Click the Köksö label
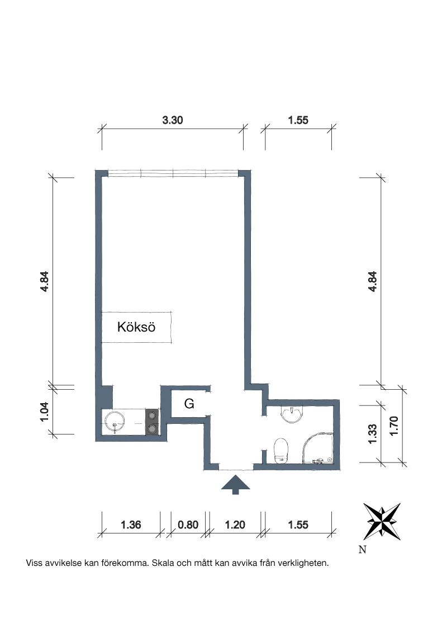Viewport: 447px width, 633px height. point(136,327)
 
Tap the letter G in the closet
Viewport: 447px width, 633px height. point(189,403)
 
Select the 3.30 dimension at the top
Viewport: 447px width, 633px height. point(173,120)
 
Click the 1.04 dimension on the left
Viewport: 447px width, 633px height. point(44,412)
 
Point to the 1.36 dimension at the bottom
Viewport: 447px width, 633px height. point(131,525)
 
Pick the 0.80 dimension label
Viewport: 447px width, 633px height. point(188,525)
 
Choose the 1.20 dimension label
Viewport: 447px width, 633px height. point(235,525)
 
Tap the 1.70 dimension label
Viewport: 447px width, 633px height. point(394,426)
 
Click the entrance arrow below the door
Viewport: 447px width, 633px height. point(236,484)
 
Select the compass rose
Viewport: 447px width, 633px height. point(382,522)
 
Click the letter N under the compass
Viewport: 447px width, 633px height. point(362,550)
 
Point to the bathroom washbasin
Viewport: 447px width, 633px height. point(292,414)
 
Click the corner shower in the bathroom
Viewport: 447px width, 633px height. point(318,448)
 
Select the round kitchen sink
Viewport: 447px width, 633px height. point(115,422)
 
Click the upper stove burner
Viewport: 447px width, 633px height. point(152,415)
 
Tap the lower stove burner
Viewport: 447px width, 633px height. point(152,429)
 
